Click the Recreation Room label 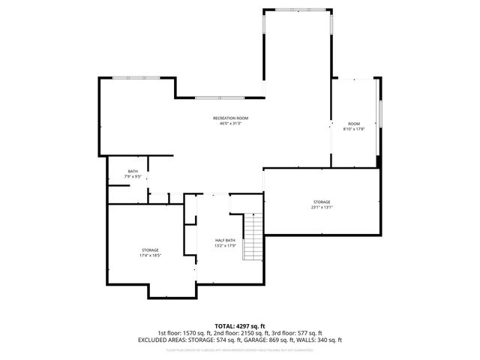[x=230, y=118]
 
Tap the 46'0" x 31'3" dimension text [x=230, y=124]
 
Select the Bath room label [x=133, y=171]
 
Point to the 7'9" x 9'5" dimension [x=133, y=176]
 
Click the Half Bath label [x=226, y=240]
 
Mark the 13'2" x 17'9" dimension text [x=226, y=245]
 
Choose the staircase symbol [x=254, y=236]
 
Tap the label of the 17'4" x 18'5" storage [x=150, y=250]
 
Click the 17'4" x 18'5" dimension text [x=150, y=255]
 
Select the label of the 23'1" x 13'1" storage [x=322, y=202]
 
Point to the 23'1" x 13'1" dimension [x=322, y=207]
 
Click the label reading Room [x=353, y=123]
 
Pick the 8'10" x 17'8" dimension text [x=353, y=128]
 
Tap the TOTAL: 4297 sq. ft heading [x=240, y=326]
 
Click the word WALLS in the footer [x=305, y=340]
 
